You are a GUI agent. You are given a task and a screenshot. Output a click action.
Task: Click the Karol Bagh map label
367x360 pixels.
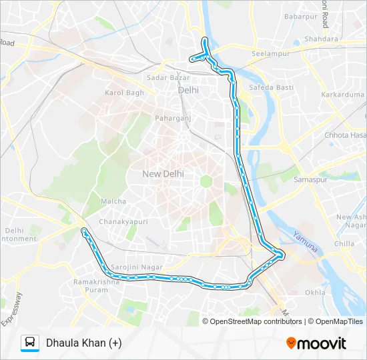[x=124, y=93]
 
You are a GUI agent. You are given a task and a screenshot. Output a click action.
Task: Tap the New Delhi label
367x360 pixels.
[x=163, y=173]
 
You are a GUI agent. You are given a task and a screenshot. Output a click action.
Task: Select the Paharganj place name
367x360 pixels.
[x=173, y=118]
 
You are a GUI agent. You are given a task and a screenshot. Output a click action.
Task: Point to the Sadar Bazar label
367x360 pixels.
[x=168, y=77]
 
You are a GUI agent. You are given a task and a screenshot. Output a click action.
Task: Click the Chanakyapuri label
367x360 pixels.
[x=123, y=221]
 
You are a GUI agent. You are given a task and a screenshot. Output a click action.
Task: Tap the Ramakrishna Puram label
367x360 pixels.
[x=96, y=285]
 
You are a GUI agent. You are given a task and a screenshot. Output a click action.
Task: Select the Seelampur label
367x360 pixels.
[x=268, y=53]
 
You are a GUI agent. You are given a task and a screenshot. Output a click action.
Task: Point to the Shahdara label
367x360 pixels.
[x=321, y=39]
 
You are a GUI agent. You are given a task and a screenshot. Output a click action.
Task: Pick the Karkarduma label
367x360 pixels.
[x=342, y=95]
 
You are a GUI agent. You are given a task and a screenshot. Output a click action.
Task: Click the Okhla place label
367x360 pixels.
[x=315, y=292]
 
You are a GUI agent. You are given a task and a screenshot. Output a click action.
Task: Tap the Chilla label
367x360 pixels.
[x=344, y=243]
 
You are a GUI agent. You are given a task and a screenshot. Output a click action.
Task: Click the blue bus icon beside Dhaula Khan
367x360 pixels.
[x=30, y=343]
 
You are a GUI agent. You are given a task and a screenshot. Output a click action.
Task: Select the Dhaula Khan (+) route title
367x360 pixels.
[x=83, y=343]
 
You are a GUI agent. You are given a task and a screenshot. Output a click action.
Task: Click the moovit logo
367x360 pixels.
[x=316, y=343]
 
